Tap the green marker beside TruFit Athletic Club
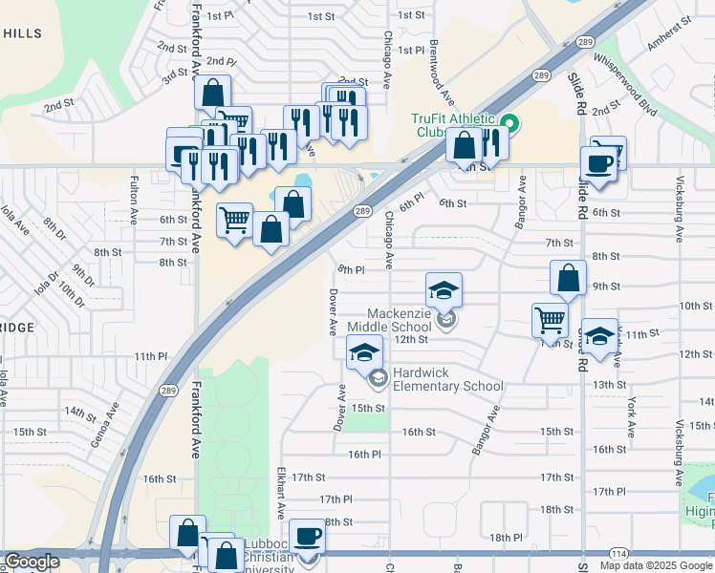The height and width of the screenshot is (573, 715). tap(510, 123)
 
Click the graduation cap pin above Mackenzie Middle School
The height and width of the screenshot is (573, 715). tap(444, 290)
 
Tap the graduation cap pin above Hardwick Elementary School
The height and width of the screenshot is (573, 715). tap(364, 352)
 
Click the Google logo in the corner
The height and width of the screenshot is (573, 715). tap(31, 562)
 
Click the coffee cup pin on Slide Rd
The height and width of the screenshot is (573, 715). tap(599, 163)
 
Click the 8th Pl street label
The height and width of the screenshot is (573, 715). tap(352, 270)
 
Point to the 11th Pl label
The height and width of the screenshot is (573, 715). tap(151, 356)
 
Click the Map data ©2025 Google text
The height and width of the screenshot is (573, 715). tap(656, 565)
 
